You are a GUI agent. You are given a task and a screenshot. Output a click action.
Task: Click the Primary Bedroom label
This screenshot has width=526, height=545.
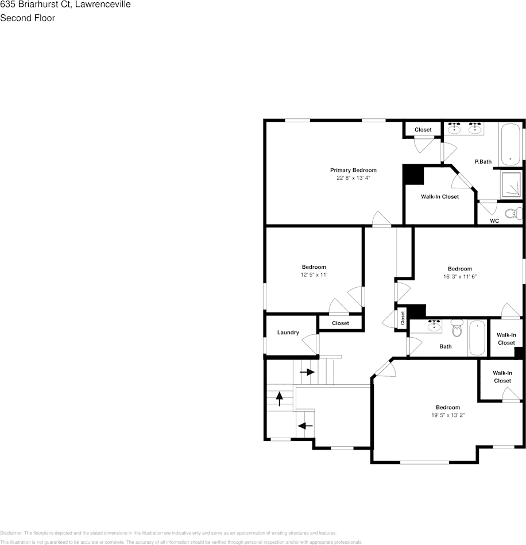pos(353,170)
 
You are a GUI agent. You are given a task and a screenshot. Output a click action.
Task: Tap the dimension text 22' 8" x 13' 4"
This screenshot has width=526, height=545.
pos(353,178)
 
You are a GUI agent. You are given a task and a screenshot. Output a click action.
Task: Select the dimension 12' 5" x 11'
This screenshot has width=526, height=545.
pos(314,275)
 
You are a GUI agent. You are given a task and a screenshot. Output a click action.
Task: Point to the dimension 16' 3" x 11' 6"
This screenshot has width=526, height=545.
pos(459,277)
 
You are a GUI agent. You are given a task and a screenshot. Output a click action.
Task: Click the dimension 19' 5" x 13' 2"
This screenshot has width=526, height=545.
pos(447,415)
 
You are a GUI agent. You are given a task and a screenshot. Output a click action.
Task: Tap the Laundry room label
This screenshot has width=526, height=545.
pos(288,333)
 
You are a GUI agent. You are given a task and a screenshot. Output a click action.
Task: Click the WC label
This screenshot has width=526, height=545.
pos(494,221)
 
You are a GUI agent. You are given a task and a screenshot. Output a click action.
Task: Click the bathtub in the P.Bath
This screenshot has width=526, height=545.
pos(510,144)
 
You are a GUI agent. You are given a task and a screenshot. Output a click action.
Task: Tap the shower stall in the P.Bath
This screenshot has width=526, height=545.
pos(510,183)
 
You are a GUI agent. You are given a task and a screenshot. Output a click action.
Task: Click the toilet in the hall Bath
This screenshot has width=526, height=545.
pos(457,329)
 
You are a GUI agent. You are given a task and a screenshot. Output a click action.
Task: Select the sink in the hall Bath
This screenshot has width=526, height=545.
pos(434,326)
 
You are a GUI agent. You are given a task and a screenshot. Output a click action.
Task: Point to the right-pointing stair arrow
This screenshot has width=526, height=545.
pos(307,372)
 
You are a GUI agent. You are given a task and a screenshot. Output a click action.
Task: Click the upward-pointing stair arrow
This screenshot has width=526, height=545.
pos(280,397)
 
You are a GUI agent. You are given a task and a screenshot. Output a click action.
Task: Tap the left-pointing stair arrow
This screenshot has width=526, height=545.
pos(305,426)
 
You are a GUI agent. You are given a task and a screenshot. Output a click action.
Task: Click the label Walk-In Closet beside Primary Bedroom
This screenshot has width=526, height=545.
pos(440,196)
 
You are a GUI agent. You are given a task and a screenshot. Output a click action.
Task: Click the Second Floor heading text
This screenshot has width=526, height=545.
pos(28,18)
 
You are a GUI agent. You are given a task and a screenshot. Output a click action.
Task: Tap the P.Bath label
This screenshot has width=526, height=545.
pos(483,161)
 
